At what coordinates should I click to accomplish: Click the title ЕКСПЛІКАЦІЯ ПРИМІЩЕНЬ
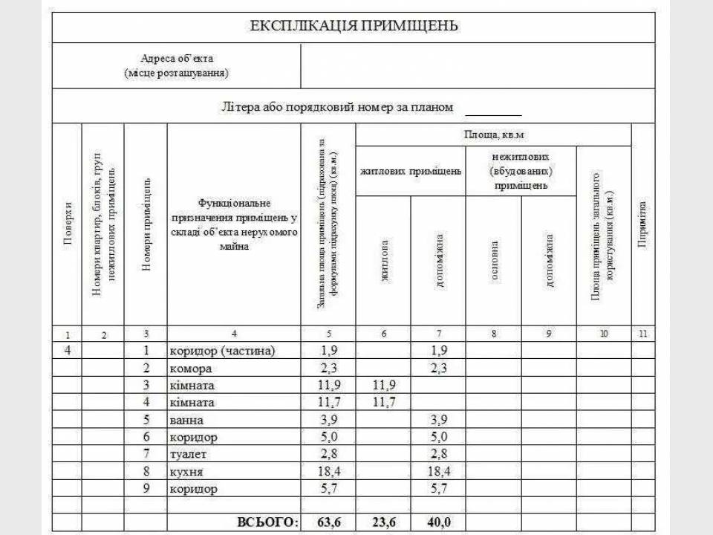[x=354, y=27]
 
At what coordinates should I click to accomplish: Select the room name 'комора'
[x=191, y=368]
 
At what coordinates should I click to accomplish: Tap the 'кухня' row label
[x=186, y=472]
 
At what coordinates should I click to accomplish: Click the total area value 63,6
[x=328, y=522]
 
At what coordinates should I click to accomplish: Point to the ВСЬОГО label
[x=267, y=522]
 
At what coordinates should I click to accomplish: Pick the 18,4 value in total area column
[x=328, y=472]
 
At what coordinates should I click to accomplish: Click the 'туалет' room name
[x=189, y=454]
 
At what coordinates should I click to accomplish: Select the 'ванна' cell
[x=186, y=420]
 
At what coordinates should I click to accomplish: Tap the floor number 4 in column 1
[x=68, y=350]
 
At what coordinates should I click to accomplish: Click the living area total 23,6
[x=383, y=522]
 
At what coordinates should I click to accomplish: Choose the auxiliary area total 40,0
[x=438, y=522]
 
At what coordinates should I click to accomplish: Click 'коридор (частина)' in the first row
[x=222, y=350]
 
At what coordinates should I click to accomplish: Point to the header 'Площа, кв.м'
[x=494, y=134]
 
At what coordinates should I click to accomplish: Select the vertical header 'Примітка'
[x=643, y=225]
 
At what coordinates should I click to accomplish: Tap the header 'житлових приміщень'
[x=411, y=171]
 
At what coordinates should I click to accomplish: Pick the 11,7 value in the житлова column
[x=383, y=402]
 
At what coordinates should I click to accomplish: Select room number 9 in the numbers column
[x=147, y=489]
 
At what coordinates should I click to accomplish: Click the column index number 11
[x=643, y=334]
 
